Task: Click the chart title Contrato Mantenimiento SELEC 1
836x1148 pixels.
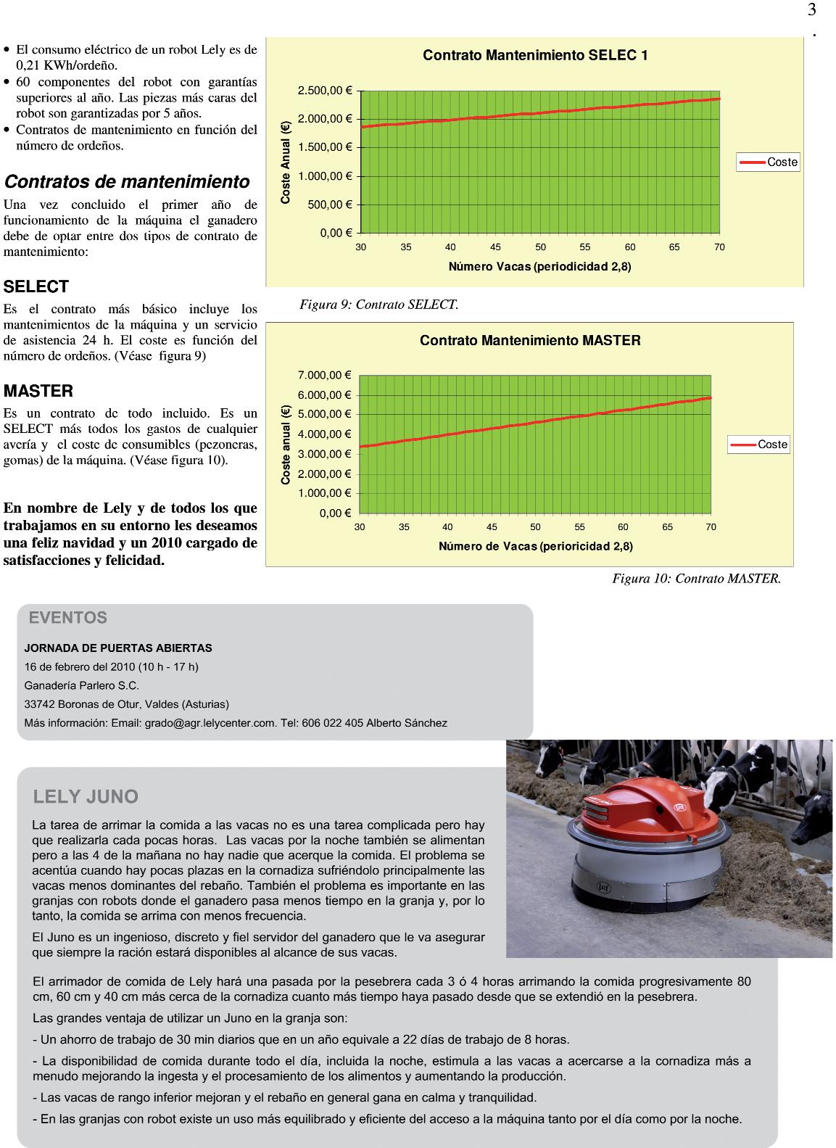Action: pos(535,55)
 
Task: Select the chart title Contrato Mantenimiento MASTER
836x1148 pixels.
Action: pos(530,340)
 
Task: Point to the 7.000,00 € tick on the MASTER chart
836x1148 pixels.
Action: pos(324,375)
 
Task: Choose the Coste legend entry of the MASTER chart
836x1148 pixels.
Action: pos(759,445)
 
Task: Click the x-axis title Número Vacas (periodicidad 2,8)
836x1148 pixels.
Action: pos(539,267)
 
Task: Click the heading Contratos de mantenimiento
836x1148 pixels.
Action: pos(127,181)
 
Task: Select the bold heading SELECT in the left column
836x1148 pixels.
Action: pos(36,286)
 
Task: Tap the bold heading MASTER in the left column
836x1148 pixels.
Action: pos(38,392)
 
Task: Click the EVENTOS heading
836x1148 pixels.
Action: pos(68,618)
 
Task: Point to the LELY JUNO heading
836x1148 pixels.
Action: pos(86,797)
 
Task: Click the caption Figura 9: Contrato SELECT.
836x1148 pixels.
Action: pos(379,305)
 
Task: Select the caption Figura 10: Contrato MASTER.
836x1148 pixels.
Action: pos(697,579)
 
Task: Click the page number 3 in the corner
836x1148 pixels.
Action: pos(811,10)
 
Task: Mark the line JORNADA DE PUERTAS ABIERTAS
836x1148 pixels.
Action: pos(118,648)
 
